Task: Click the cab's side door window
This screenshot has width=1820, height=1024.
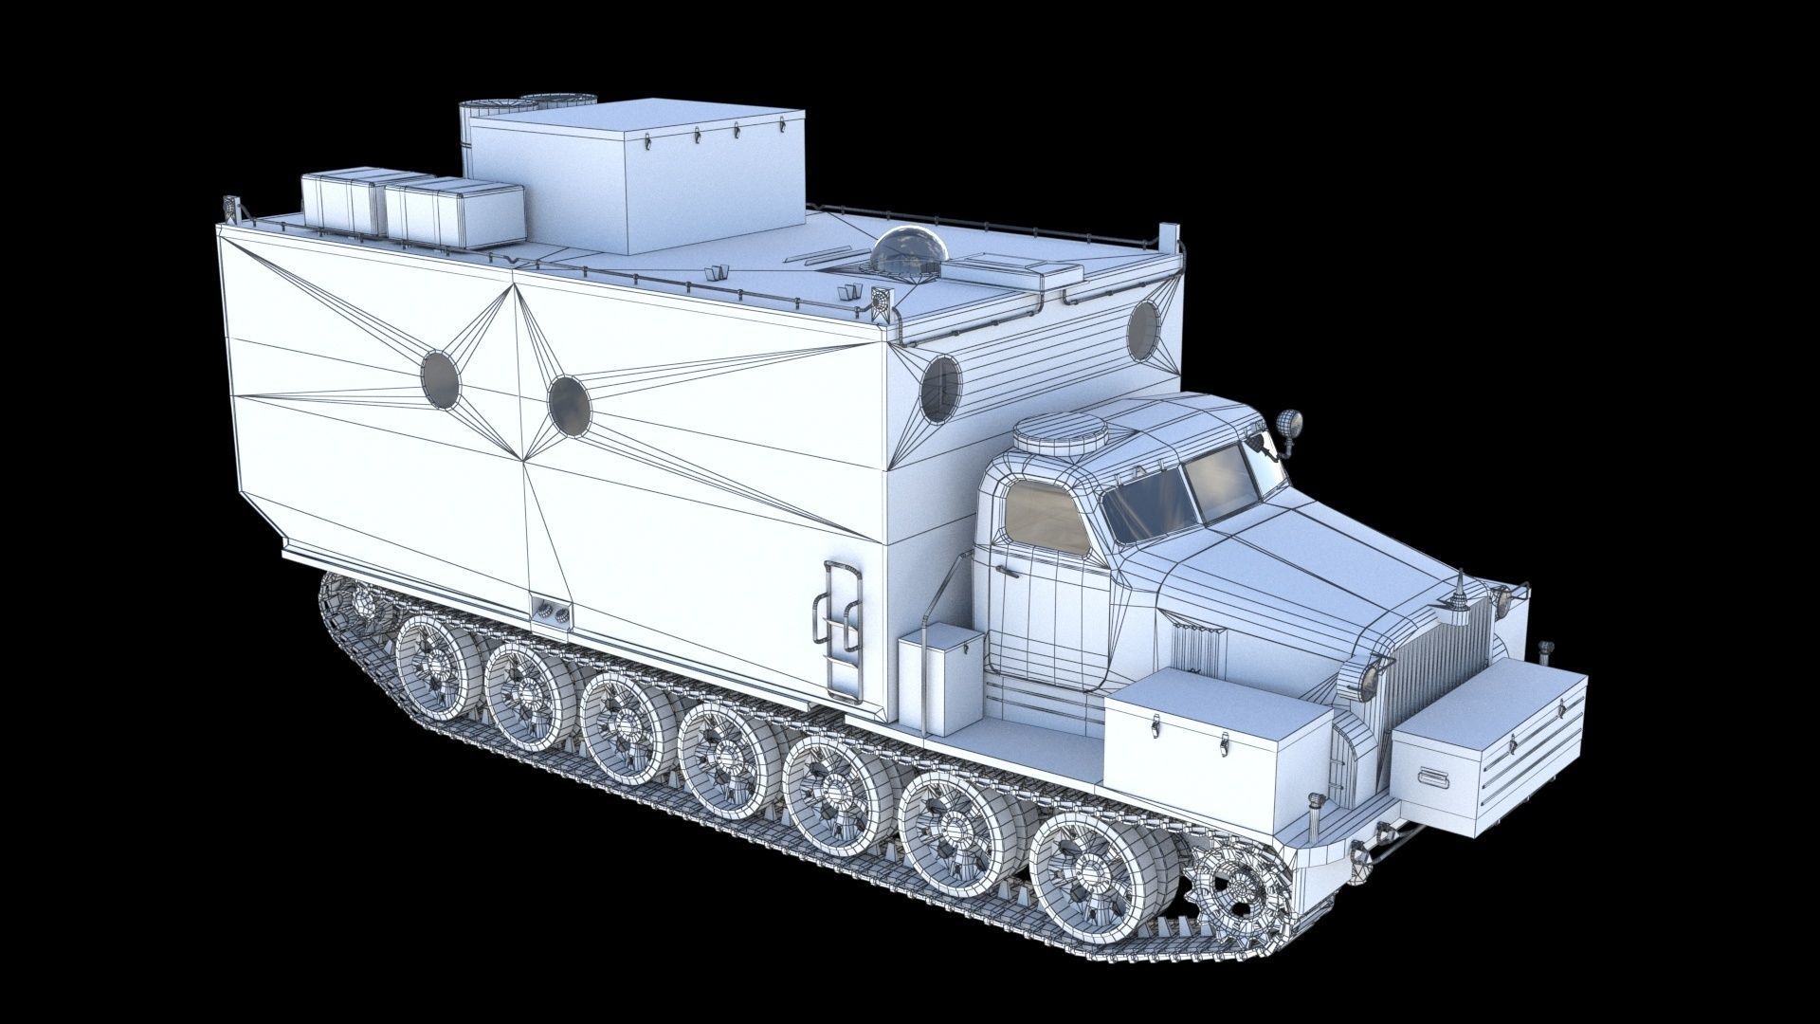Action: pyautogui.click(x=1047, y=518)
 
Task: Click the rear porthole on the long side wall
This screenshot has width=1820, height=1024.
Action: pyautogui.click(x=440, y=379)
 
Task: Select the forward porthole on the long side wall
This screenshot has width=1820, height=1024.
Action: pyautogui.click(x=569, y=406)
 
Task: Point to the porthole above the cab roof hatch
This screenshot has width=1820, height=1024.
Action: pyautogui.click(x=940, y=389)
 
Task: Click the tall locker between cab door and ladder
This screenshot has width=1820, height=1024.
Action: pyautogui.click(x=940, y=680)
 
